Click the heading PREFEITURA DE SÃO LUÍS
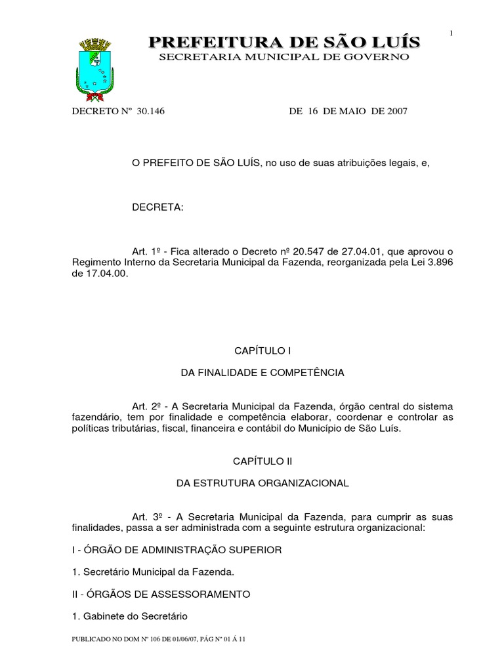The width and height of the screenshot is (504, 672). coord(284,43)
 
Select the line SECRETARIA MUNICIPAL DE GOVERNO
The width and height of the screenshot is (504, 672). coord(284,58)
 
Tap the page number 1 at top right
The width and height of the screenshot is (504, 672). coord(451,33)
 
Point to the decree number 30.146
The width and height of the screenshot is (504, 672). coord(151,112)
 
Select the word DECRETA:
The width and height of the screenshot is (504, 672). coord(158,207)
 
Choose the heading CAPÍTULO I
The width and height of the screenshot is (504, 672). coord(262,350)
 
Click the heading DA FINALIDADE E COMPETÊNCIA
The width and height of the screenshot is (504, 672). coord(262,372)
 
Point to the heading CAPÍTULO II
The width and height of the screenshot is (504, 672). coord(262,461)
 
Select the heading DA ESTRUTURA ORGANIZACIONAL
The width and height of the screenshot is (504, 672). coord(262,483)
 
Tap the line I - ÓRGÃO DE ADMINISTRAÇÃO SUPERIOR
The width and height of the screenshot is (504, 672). coord(177,550)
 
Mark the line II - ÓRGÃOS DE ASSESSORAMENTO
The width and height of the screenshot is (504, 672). coord(161,594)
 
